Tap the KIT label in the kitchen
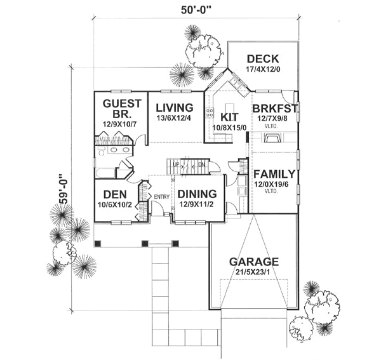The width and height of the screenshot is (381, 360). (x=229, y=117)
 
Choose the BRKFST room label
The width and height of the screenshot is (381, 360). (x=275, y=109)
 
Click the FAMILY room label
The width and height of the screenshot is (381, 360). (x=274, y=174)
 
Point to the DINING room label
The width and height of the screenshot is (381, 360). (x=197, y=194)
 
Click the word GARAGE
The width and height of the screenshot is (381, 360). (x=254, y=262)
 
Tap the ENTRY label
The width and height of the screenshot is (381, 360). (x=161, y=197)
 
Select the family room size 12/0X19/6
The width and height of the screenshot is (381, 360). (x=274, y=185)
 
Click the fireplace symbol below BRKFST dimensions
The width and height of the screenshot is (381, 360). (x=272, y=138)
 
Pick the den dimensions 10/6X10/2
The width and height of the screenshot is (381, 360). (x=114, y=204)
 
